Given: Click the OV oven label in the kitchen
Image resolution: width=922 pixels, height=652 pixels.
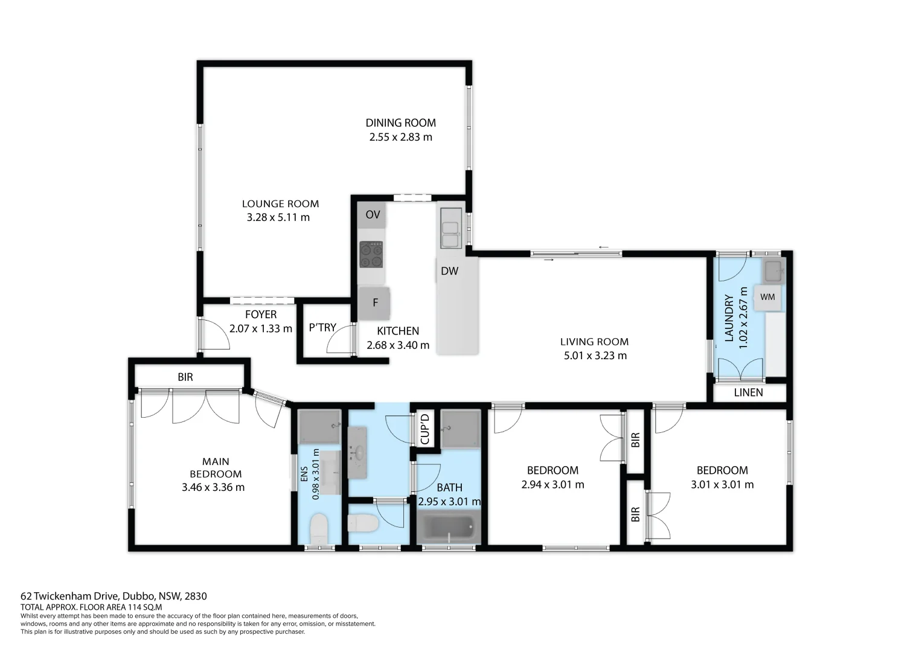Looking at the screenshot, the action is point(373,214).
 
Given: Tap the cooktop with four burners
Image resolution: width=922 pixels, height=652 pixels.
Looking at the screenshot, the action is point(371,254).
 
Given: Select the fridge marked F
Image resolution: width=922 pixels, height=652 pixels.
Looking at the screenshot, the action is point(374,303).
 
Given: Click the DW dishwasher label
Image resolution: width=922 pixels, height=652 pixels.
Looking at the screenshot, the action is point(449,271).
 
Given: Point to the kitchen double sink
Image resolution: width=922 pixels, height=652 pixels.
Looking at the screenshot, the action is point(450,228).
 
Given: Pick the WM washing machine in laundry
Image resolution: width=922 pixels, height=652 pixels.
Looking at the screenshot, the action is point(767,297).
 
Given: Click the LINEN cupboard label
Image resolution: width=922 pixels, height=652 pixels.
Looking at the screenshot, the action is point(748,392).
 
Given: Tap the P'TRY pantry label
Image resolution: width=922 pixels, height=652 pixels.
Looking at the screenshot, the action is point(322,327).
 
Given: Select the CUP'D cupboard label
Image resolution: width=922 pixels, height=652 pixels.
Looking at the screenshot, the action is point(425,429).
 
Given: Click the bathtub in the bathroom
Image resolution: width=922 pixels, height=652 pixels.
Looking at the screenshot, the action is point(449,527).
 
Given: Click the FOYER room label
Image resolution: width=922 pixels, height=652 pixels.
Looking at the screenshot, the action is point(261,315).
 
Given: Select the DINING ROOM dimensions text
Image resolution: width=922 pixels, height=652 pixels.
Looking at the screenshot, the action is point(400,137).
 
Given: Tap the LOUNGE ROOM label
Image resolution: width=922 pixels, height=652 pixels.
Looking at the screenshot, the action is point(280,204).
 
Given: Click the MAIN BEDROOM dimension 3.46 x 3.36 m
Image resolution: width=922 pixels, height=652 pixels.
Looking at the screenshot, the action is point(213,487).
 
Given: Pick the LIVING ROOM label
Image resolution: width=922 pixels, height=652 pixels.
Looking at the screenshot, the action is point(594,342).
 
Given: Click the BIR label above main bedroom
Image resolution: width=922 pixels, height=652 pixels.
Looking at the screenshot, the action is point(185,377).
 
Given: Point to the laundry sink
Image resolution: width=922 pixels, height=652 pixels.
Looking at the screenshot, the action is point(773,270).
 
